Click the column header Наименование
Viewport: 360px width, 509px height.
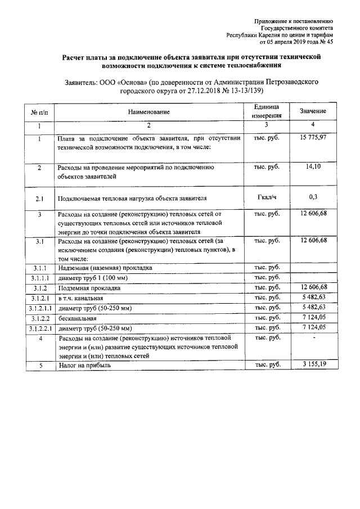click(148, 112)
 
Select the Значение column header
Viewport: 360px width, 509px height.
click(313, 112)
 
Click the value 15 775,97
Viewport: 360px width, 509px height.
click(313, 137)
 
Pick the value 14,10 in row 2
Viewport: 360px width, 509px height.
click(314, 167)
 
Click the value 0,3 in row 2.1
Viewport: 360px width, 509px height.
click(314, 197)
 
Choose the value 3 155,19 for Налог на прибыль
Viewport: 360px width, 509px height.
click(313, 365)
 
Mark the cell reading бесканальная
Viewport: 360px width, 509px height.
click(76, 318)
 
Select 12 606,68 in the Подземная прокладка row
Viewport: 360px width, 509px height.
click(313, 287)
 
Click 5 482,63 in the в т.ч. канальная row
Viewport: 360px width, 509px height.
click(313, 298)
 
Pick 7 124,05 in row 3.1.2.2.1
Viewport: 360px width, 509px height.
click(313, 328)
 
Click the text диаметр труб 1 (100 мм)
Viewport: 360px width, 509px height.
click(92, 278)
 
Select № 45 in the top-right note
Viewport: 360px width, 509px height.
click(327, 42)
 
